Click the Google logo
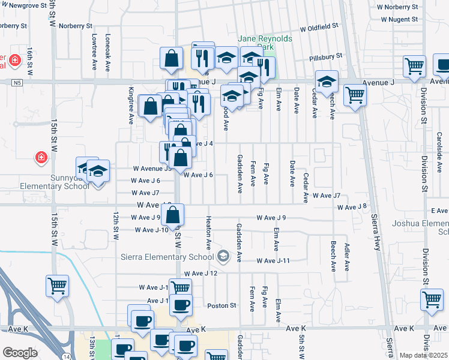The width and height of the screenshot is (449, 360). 20,353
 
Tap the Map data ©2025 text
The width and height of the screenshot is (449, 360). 424,355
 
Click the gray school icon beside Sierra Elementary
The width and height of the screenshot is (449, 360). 223,257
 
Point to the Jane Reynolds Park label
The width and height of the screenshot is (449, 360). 265,43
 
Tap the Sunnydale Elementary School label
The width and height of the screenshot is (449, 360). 46,182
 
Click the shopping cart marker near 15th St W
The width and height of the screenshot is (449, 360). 58,286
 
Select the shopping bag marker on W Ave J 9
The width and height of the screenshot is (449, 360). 172,216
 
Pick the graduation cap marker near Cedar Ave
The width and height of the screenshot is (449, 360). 327,81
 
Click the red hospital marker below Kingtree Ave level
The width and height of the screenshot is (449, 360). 40,157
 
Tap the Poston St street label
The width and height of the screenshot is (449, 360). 221,305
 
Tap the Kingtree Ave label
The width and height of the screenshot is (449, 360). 131,108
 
